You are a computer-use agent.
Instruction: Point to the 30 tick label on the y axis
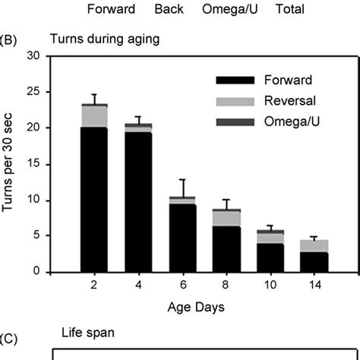(33, 56)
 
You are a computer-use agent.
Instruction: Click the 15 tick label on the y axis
(33, 164)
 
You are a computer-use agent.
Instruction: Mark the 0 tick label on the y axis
(36, 272)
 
